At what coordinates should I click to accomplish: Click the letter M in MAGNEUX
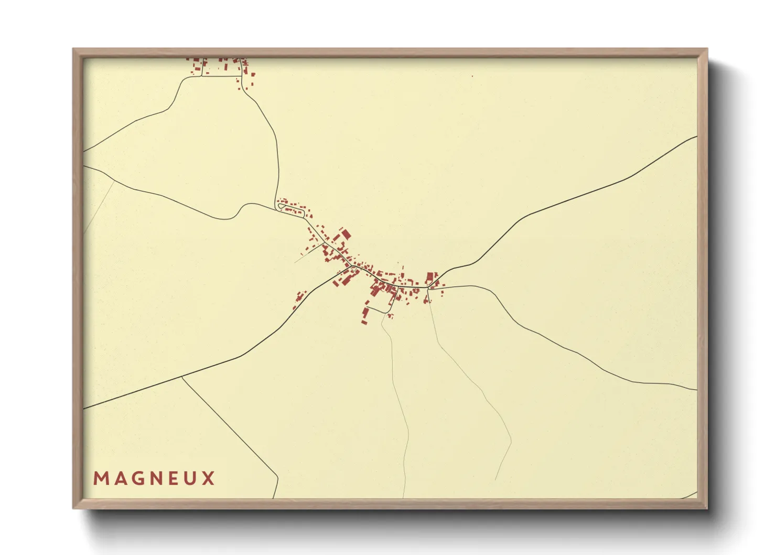point(100,478)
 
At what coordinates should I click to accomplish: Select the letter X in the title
point(209,478)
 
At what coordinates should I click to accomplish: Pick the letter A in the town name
point(118,478)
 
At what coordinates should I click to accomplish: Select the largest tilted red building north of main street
point(346,234)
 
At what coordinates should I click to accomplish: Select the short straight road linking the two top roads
point(221,77)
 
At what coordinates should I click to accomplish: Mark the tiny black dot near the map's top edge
point(472,76)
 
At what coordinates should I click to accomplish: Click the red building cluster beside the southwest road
point(299,300)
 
